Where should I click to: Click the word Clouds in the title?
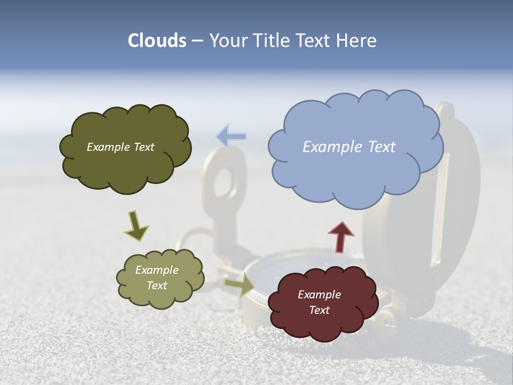[157, 41]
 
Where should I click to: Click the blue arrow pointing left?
[231, 136]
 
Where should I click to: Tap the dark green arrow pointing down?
[136, 226]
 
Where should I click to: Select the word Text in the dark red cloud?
[320, 310]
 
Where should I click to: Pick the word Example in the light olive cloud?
[157, 270]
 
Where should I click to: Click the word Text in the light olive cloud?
[157, 286]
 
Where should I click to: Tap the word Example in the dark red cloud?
[320, 295]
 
